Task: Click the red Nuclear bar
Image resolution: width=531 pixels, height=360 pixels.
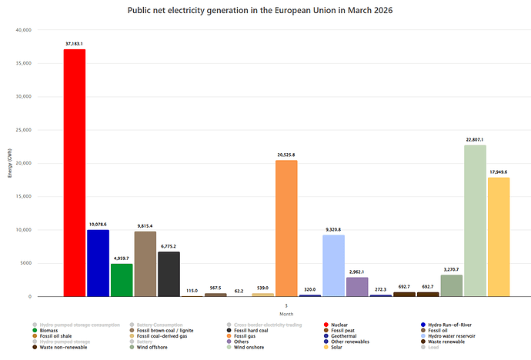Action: (x=75, y=173)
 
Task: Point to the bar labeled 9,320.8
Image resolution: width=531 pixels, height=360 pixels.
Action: (x=333, y=265)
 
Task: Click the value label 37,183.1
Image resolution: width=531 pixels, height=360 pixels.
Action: (x=75, y=45)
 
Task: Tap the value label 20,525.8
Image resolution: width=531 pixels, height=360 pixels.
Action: (x=286, y=155)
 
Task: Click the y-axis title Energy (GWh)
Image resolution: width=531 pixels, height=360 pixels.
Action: (x=10, y=163)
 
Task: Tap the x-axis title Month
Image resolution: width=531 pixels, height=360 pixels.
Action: (x=286, y=314)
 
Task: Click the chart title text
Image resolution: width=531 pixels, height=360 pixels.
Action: (x=265, y=12)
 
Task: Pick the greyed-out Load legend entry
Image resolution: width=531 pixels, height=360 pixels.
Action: (x=434, y=347)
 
